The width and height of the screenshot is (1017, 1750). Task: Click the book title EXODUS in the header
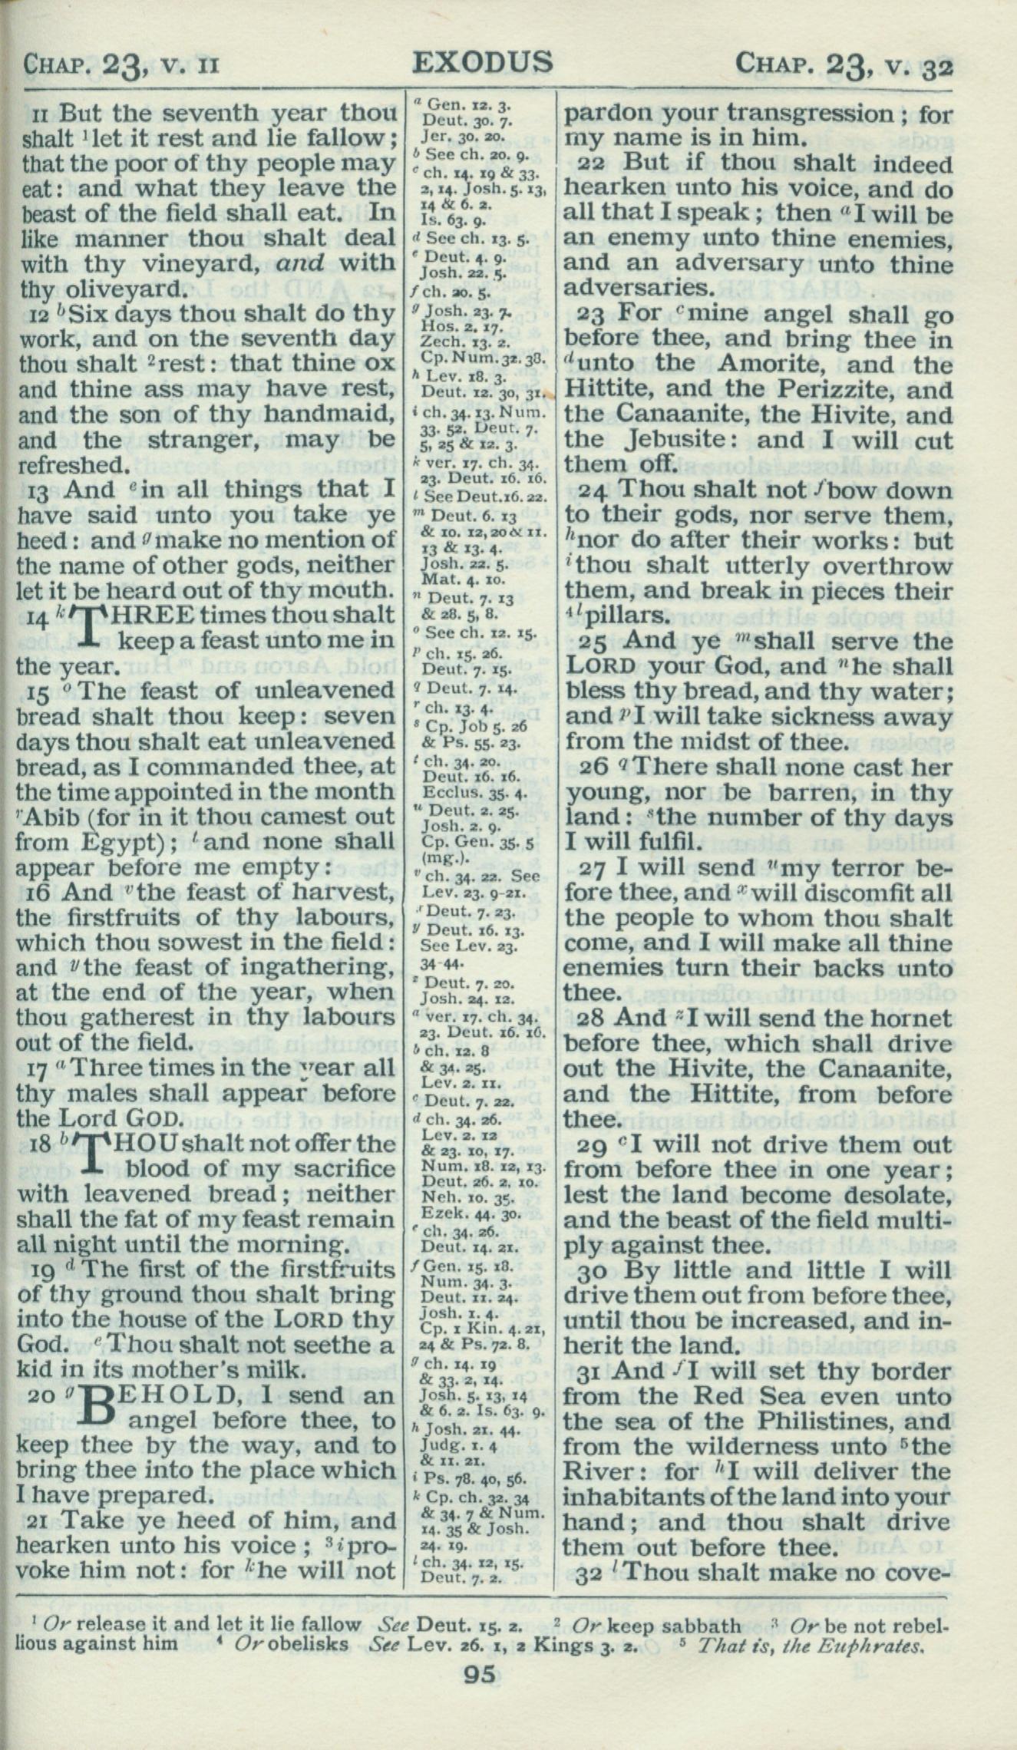pos(482,62)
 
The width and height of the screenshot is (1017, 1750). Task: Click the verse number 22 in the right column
pos(592,163)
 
